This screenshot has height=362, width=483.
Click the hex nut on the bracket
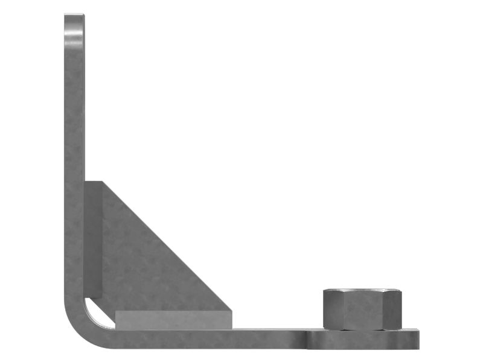point(362,310)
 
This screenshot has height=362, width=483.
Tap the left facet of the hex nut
point(333,311)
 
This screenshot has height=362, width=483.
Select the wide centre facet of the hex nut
point(362,311)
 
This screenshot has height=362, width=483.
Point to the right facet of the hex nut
point(392,311)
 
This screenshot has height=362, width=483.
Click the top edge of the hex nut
point(362,290)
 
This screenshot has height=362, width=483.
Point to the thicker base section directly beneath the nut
point(362,340)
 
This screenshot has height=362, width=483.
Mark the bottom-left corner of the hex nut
point(325,328)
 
